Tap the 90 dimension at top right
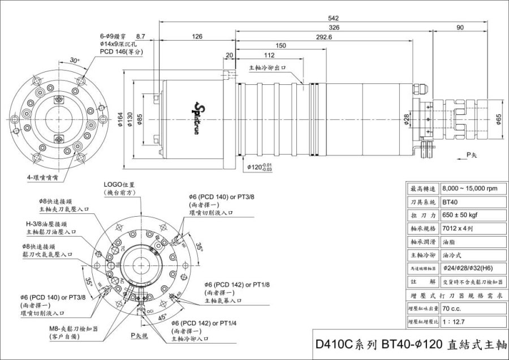click(460, 27)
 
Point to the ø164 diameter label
click(120, 118)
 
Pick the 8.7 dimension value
click(141, 36)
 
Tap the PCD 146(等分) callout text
click(121, 51)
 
